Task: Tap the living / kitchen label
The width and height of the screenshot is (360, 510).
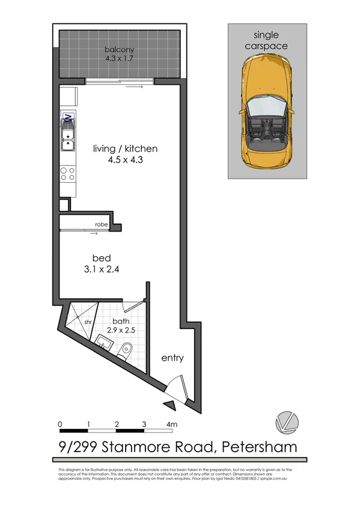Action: [125, 149]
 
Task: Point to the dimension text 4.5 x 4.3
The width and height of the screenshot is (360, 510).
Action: [125, 160]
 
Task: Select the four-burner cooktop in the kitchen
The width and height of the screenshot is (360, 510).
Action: [68, 174]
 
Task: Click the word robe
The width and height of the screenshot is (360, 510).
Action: [101, 224]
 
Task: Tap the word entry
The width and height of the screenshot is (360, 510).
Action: [172, 358]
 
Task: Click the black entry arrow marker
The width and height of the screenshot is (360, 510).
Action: [170, 406]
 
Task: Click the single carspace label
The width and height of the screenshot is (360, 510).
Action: [267, 40]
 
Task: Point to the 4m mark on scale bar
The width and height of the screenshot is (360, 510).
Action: [172, 424]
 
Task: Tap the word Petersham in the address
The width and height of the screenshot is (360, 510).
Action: [260, 447]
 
